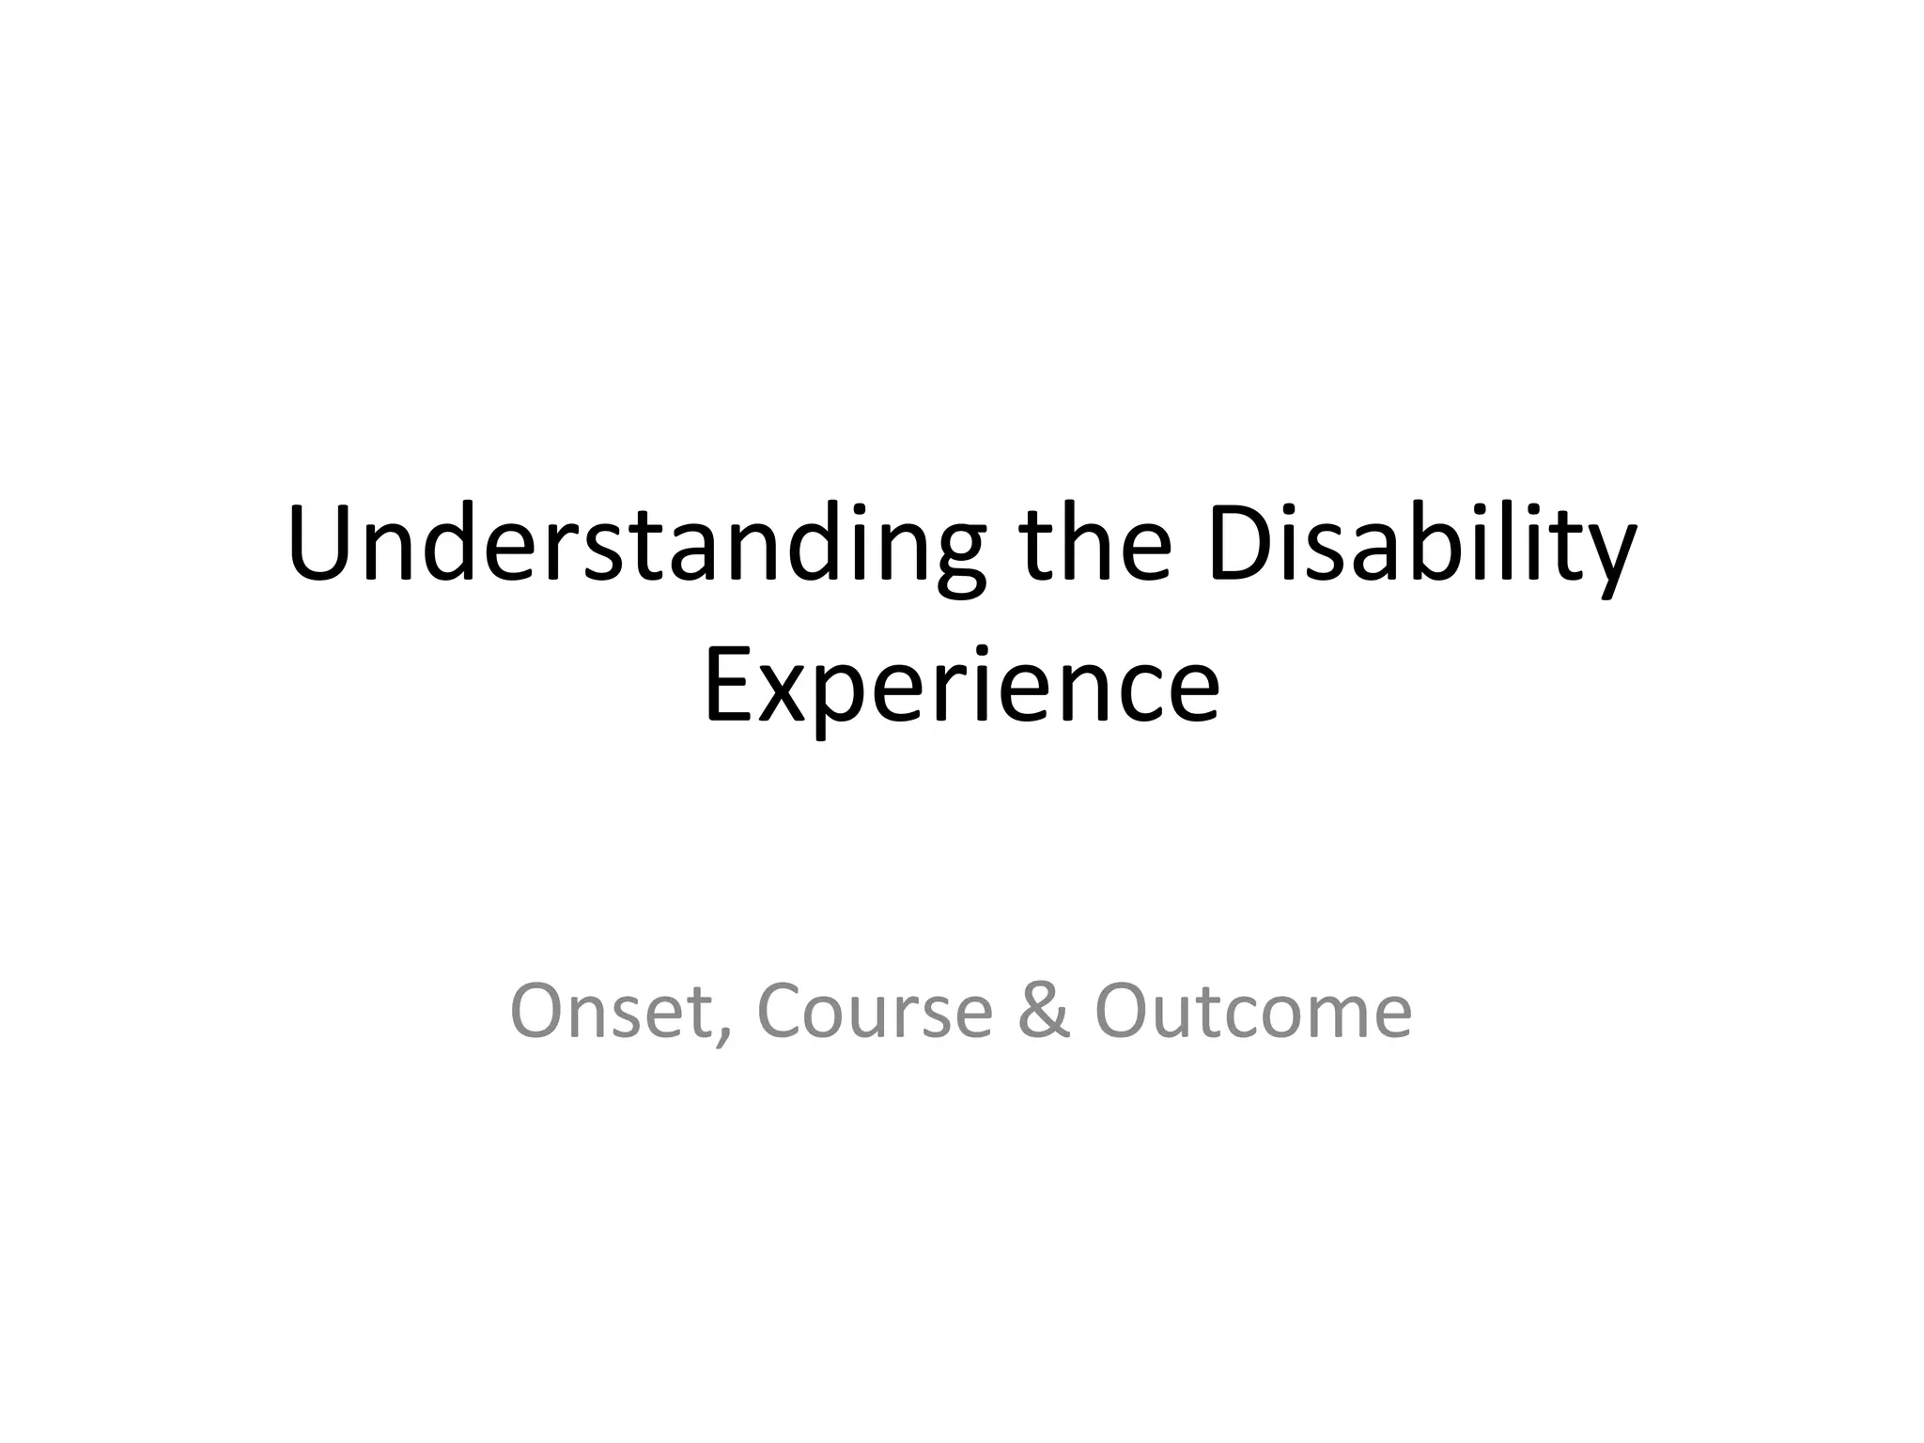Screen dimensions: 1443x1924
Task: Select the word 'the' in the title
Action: tap(1095, 545)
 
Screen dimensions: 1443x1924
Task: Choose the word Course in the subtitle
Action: tap(874, 1011)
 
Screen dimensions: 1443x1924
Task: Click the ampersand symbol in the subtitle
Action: tap(1043, 1011)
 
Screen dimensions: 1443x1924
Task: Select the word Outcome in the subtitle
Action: tap(1253, 1011)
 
